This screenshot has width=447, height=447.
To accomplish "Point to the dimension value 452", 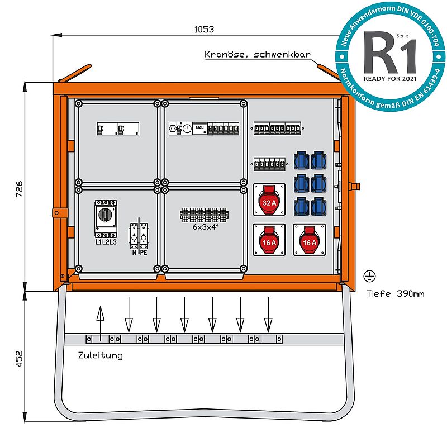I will coord(18,359).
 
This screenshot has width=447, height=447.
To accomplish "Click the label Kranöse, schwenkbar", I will coord(257,55).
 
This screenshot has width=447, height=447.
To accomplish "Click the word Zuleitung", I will coord(101,355).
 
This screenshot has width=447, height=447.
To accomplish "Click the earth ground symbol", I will coord(368,275).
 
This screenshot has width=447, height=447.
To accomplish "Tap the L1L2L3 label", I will coord(106,241).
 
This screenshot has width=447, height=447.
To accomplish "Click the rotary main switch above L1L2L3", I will coord(106,214).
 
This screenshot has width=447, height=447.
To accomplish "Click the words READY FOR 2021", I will coord(390,79).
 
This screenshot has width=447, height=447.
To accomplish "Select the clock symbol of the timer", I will coord(186,129).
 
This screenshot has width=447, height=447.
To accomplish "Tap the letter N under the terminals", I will coord(134,252).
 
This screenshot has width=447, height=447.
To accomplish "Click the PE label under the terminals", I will coord(144,252).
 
